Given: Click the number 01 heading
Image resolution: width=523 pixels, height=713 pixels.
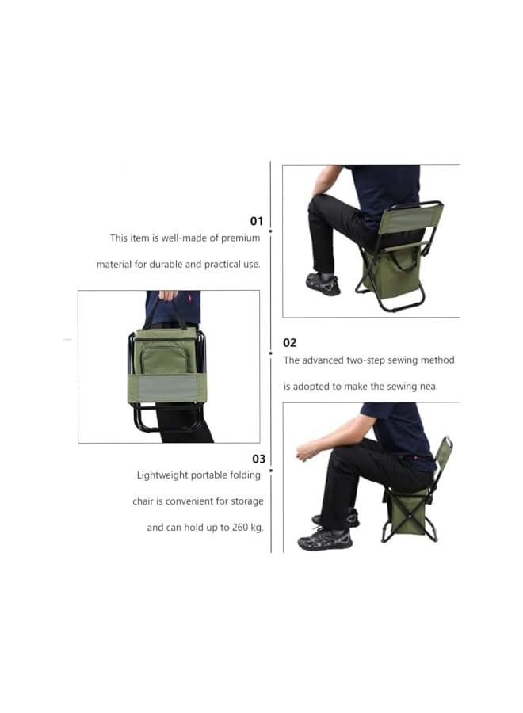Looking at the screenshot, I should [x=256, y=221].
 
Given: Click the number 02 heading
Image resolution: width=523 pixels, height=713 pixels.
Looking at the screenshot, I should [x=290, y=342].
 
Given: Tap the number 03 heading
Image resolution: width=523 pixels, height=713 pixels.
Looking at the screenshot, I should [x=258, y=459].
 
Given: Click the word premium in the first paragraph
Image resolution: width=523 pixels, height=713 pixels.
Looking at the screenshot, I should [x=240, y=238].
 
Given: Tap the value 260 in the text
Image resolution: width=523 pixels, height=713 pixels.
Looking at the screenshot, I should [x=235, y=527].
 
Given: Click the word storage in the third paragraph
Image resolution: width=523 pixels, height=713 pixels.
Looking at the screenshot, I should [x=246, y=501].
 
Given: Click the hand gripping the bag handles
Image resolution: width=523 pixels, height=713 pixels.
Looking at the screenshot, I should [x=168, y=295].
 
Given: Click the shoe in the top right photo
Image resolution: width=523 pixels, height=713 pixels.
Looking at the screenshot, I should [x=323, y=283].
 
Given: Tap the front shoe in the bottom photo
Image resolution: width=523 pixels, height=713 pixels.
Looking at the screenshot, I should [x=325, y=540].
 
